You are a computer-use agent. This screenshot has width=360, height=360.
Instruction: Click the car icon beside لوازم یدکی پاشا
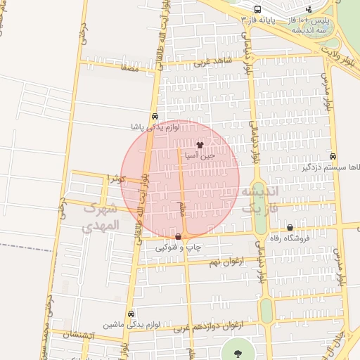(x=155, y=117)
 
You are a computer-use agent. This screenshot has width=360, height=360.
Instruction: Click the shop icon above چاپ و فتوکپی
(x=177, y=237)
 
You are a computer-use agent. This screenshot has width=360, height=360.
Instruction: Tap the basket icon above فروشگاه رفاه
(x=290, y=228)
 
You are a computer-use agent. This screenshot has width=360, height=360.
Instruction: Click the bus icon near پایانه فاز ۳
(x=257, y=10)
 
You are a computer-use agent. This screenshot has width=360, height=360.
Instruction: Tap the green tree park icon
(x=234, y=352)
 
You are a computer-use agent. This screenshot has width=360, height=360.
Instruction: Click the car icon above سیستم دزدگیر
(x=332, y=157)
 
